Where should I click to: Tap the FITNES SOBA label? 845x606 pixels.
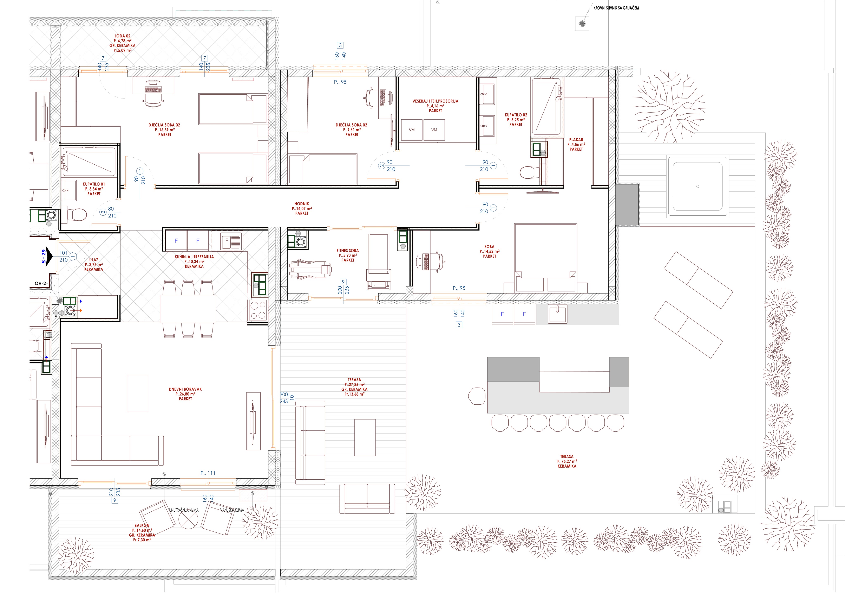[x=348, y=251]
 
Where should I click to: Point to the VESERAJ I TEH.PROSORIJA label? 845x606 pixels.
[x=435, y=101]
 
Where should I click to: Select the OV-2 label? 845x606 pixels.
[x=40, y=283]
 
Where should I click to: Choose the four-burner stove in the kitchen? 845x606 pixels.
[x=258, y=310]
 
